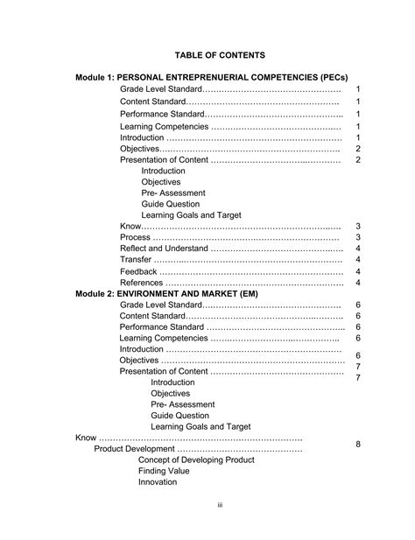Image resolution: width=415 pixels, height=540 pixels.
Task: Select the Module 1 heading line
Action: tap(215, 78)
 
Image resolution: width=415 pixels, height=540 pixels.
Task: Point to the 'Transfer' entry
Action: tap(136, 260)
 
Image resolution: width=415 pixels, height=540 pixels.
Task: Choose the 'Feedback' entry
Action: tap(138, 271)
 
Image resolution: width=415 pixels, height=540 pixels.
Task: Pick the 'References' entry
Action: tap(141, 283)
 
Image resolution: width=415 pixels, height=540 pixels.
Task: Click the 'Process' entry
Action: tap(135, 237)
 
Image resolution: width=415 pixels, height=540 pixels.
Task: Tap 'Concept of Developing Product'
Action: tap(196, 459)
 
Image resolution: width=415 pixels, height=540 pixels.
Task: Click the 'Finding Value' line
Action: tap(163, 471)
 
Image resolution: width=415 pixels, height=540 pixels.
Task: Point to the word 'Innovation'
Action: tap(158, 482)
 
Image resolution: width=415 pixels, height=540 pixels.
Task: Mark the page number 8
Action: tap(358, 445)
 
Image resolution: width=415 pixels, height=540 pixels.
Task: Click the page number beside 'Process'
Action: tap(358, 238)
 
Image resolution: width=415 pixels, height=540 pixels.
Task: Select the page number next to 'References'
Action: tap(358, 283)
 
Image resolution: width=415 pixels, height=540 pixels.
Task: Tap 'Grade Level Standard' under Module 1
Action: tap(161, 90)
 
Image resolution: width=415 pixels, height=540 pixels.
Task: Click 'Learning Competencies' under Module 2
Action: tap(164, 338)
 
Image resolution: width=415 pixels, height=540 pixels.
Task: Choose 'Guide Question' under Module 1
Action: tap(171, 204)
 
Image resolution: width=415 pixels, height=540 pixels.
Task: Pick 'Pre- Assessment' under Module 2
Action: tap(179, 405)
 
